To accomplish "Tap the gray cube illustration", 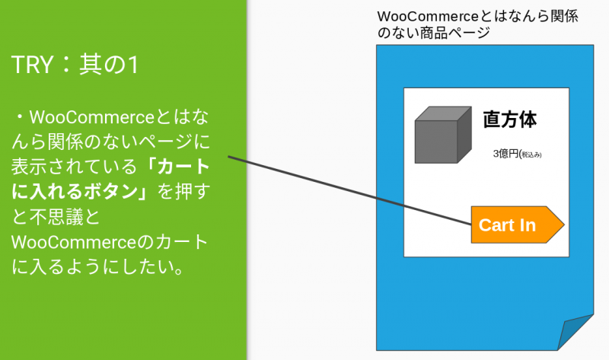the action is point(443,135).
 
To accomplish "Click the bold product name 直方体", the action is point(509,119).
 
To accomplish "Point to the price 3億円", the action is point(505,154).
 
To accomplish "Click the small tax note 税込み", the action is point(531,155).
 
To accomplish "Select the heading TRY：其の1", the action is point(75,65).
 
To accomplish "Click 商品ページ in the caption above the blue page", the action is point(454,33).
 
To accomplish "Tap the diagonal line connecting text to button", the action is point(349,190).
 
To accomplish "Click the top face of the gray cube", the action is point(444,113).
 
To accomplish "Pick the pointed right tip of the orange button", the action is point(563,225).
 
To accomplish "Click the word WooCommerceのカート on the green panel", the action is point(110,242).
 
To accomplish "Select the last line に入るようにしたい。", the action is point(97,267).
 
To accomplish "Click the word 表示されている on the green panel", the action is point(74,167).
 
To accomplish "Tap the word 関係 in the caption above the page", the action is point(564,16).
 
